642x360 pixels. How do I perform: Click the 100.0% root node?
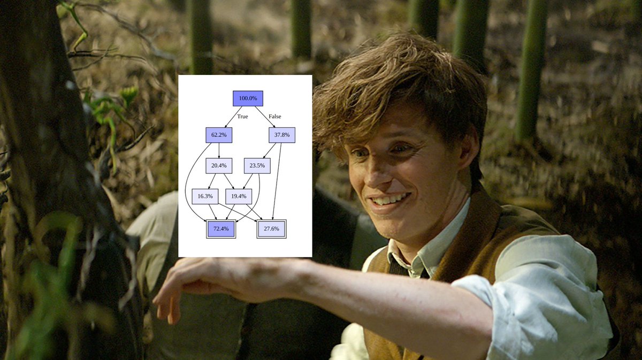[248, 98]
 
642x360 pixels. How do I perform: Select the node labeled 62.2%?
[218, 135]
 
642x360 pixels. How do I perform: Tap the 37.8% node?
[282, 135]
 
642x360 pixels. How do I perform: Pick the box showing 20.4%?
[218, 166]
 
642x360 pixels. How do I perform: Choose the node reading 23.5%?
[257, 166]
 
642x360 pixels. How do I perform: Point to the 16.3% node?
[205, 196]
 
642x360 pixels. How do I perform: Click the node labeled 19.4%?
[239, 196]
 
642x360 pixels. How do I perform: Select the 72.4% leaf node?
[220, 229]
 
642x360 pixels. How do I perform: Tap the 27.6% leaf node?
[271, 229]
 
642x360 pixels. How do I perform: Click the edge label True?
[242, 117]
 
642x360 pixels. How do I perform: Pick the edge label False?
[274, 117]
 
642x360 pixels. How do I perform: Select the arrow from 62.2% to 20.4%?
[218, 150]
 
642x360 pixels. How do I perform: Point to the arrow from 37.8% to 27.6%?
[277, 182]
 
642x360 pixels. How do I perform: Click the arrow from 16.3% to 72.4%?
[212, 212]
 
